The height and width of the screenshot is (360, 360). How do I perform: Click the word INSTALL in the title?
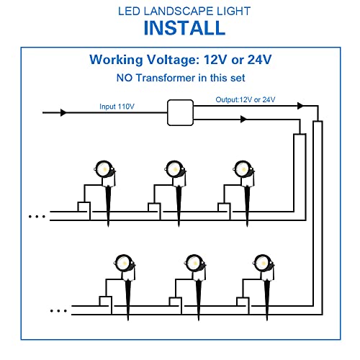click(184, 28)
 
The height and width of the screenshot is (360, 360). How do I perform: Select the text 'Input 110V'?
click(117, 107)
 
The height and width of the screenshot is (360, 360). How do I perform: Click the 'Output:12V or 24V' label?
click(246, 99)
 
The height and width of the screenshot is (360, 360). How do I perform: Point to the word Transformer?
click(166, 78)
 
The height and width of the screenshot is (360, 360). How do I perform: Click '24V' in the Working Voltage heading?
click(259, 60)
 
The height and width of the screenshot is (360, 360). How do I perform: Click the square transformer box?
click(180, 112)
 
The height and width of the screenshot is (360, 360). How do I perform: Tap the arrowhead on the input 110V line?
click(63, 112)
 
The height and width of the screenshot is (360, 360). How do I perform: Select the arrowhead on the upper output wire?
click(300, 106)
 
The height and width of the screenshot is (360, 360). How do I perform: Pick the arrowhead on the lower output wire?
click(243, 119)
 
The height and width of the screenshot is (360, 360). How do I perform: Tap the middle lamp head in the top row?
click(175, 169)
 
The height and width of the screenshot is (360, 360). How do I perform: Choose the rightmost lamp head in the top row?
click(243, 169)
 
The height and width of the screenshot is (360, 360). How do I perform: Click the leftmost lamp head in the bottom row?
click(125, 264)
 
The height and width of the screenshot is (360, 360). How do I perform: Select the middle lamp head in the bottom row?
click(195, 264)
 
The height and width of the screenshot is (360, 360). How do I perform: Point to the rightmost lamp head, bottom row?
click(264, 264)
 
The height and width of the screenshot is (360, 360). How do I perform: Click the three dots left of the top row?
click(37, 217)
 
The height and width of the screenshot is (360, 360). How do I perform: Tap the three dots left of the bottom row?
click(58, 311)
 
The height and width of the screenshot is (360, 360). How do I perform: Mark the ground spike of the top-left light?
click(108, 207)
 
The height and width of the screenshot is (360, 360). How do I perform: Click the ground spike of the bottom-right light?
click(267, 300)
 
